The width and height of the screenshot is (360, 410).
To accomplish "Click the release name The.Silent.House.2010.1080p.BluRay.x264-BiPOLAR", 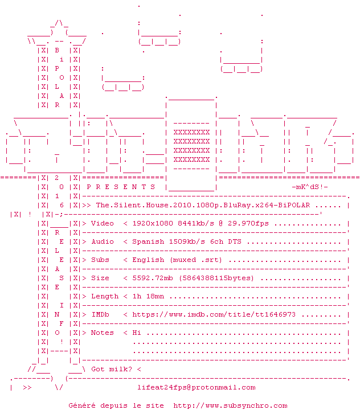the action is click(x=203, y=205).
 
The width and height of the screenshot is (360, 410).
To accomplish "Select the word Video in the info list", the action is click(x=103, y=224).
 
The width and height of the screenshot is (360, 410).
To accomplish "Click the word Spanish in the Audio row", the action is click(x=148, y=242).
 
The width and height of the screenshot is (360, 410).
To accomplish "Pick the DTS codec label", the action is click(x=235, y=241).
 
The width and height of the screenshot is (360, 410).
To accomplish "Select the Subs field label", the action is click(x=100, y=260).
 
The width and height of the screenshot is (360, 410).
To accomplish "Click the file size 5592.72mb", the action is click(x=153, y=278).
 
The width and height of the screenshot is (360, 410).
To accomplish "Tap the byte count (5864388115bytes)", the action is click(x=216, y=278).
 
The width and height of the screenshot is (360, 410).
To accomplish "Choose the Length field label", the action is click(x=105, y=297).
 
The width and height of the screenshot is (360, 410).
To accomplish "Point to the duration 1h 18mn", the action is click(x=148, y=296).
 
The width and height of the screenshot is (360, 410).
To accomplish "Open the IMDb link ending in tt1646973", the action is click(x=214, y=314).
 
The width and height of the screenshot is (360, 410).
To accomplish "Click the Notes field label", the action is click(x=103, y=333).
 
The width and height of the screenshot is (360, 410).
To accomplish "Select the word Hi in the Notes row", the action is click(x=137, y=333).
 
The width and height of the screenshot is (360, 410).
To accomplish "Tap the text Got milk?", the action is click(x=112, y=369).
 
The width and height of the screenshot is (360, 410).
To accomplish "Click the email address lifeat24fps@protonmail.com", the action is click(x=197, y=388).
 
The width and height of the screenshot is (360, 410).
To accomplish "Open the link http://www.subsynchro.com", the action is click(x=230, y=406).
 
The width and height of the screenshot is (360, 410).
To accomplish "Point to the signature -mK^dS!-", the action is click(x=310, y=187).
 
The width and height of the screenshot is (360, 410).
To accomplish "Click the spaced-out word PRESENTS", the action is click(x=121, y=187).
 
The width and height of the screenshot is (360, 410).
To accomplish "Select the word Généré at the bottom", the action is click(x=82, y=406).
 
